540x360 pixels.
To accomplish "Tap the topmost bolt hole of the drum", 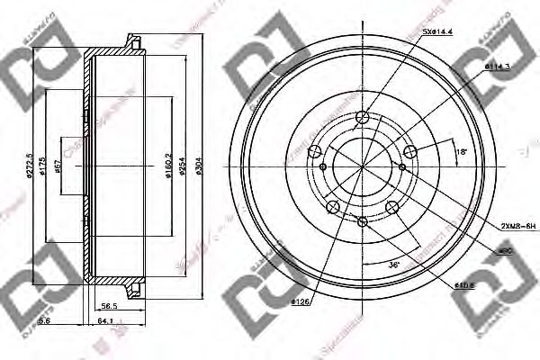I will [x=363, y=118].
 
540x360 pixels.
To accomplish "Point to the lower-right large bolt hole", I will [x=392, y=209].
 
